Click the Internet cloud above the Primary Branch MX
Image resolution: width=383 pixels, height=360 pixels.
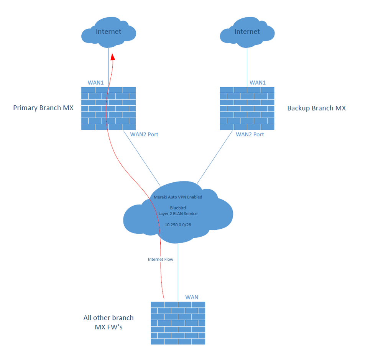[x=108, y=32]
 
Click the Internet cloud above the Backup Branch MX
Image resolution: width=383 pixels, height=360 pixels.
[x=247, y=32]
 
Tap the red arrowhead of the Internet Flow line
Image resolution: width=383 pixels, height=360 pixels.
[x=113, y=57]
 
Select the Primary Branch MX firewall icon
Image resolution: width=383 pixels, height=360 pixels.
[x=108, y=108]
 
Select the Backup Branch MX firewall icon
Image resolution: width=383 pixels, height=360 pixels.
[x=247, y=108]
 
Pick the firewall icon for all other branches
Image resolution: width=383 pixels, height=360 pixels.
[x=178, y=323]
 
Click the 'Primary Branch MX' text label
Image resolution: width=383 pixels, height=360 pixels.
[x=43, y=108]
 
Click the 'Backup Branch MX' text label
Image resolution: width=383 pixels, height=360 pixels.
[x=316, y=108]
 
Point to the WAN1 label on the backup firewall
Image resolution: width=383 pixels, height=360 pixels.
[x=258, y=83]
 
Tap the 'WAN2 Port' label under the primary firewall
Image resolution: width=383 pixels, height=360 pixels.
[x=144, y=134]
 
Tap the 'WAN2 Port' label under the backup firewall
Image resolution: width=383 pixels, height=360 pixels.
[x=250, y=134]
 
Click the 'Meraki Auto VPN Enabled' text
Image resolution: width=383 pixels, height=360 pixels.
[x=175, y=197]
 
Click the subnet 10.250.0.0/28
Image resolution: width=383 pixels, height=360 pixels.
[x=178, y=225]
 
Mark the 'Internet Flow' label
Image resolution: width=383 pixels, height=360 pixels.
[x=160, y=259]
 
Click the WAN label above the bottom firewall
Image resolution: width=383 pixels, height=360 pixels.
[x=192, y=297]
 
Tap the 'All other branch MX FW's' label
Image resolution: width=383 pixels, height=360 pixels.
[x=108, y=322]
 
